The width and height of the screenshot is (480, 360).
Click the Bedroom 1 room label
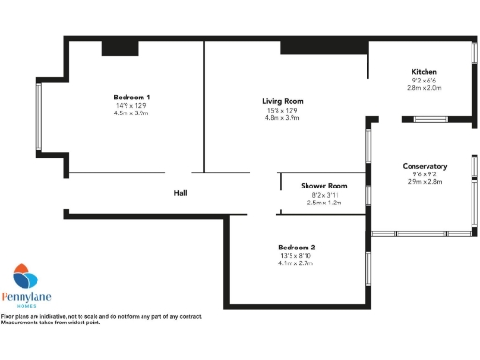pyautogui.click(x=132, y=97)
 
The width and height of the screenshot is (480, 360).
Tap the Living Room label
pyautogui.click(x=282, y=101)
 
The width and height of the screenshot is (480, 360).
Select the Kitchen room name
pyautogui.click(x=424, y=72)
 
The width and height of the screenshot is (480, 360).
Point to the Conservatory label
pyautogui.click(x=425, y=166)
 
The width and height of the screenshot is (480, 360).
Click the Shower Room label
pyautogui.click(x=324, y=186)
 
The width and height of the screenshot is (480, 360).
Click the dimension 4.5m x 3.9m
pyautogui.click(x=132, y=114)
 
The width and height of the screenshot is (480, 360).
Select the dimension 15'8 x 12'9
pyautogui.click(x=282, y=110)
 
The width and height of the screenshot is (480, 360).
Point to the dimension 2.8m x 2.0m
pyautogui.click(x=424, y=89)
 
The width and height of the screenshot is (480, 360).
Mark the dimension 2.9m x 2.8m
pyautogui.click(x=425, y=183)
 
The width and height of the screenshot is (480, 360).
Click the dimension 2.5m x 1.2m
pyautogui.click(x=324, y=202)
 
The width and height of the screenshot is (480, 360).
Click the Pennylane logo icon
pyautogui.click(x=25, y=277)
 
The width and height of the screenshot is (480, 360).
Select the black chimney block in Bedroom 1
pyautogui.click(x=119, y=48)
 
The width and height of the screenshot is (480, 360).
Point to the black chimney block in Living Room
pyautogui.click(x=322, y=47)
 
